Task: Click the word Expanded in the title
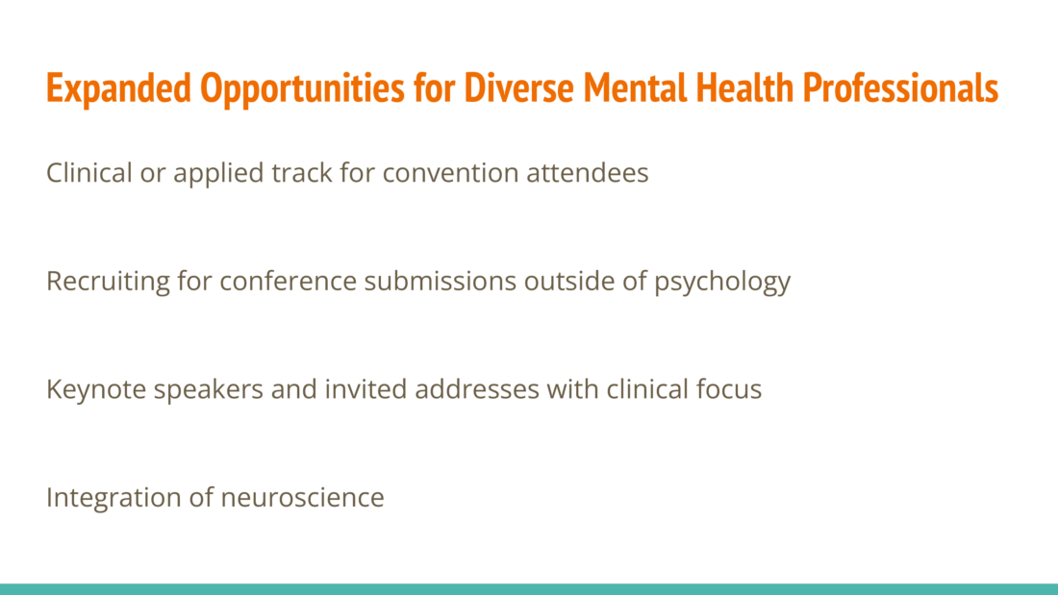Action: click(x=118, y=88)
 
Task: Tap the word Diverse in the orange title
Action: click(x=518, y=88)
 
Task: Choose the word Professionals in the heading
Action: click(x=901, y=88)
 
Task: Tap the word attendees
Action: click(x=588, y=173)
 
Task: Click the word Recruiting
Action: click(x=108, y=282)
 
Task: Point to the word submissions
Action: click(x=441, y=281)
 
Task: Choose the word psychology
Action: click(x=722, y=282)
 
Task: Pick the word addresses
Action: click(x=477, y=389)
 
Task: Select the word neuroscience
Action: click(x=302, y=498)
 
